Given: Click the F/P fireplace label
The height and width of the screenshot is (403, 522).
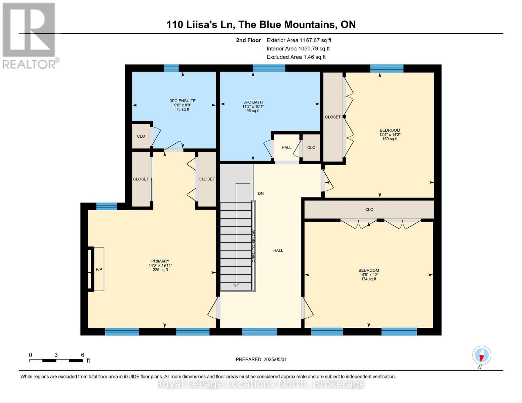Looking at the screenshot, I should (99, 269).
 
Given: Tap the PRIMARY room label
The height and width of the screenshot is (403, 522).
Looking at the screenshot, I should (160, 261).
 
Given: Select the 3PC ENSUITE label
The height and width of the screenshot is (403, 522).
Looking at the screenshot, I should (183, 101).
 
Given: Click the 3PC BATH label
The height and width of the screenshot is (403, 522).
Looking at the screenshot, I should (253, 102).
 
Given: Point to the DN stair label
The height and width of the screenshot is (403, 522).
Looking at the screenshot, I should (261, 193).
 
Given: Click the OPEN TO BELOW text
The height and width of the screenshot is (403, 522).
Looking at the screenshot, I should (254, 246).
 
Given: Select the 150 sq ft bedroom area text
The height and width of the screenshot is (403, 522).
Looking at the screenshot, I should (390, 139).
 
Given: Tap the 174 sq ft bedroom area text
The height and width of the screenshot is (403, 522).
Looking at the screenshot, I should (369, 279).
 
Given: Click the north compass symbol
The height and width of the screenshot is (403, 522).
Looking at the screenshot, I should (482, 355).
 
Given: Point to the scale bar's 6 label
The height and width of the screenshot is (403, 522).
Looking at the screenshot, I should (82, 355).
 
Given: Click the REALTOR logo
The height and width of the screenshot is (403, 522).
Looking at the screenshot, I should (30, 35).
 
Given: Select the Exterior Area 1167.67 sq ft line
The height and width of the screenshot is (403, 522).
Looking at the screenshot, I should (299, 40).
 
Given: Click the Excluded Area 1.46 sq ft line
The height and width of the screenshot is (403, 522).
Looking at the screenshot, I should (296, 57).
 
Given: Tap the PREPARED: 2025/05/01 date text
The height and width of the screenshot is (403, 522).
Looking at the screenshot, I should (261, 359).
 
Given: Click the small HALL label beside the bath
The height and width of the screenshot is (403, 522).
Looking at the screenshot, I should (286, 147).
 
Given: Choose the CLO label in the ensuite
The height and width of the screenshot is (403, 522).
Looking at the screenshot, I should (141, 136).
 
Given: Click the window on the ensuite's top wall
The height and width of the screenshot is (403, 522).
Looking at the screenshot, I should (171, 68).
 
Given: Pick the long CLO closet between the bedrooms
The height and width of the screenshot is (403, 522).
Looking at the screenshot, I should (369, 210).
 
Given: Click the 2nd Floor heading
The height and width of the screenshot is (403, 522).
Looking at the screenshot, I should (248, 40).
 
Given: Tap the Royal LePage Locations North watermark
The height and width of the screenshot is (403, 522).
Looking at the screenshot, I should (261, 384).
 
